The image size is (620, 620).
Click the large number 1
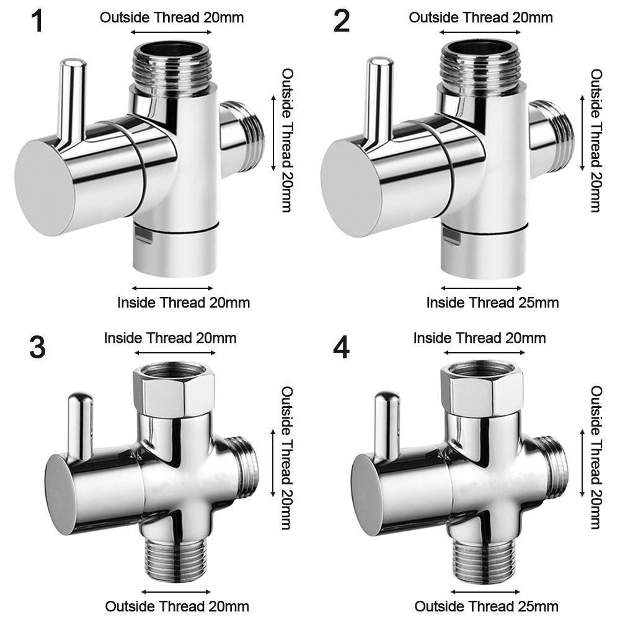(x=38, y=21)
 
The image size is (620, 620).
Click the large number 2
(x=341, y=21)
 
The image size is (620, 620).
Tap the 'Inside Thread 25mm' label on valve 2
(x=492, y=303)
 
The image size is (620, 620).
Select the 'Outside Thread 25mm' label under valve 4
(x=486, y=606)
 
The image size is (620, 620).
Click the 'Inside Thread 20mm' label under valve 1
(x=184, y=303)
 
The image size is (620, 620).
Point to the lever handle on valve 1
(x=71, y=99)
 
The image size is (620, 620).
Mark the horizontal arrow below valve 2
(x=481, y=288)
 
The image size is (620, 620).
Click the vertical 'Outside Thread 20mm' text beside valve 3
(x=287, y=459)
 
